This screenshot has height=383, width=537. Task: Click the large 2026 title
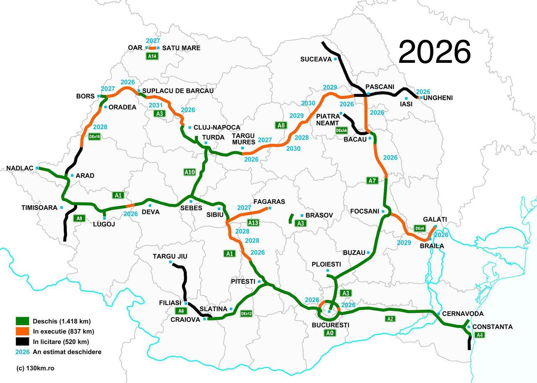pyautogui.click(x=434, y=52)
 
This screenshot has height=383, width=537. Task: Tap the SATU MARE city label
pyautogui.click(x=181, y=48)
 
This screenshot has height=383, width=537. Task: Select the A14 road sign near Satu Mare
pyautogui.click(x=152, y=56)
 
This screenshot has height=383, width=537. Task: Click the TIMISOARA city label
pyautogui.click(x=39, y=207)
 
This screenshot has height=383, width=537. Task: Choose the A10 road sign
pyautogui.click(x=190, y=172)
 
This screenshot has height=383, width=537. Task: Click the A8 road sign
pyautogui.click(x=281, y=125)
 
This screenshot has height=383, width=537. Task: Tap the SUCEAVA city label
pyautogui.click(x=315, y=59)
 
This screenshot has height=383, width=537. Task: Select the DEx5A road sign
pyautogui.click(x=341, y=130)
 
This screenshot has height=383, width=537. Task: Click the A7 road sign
pyautogui.click(x=372, y=181)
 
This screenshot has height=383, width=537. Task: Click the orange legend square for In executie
pyautogui.click(x=22, y=331)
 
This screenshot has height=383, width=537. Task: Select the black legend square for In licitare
pyautogui.click(x=22, y=341)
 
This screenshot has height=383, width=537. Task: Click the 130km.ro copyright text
pyautogui.click(x=35, y=368)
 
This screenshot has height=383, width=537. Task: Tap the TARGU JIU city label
pyautogui.click(x=170, y=256)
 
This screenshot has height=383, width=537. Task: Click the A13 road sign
pyautogui.click(x=253, y=223)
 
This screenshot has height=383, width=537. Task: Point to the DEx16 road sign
pyautogui.click(x=94, y=136)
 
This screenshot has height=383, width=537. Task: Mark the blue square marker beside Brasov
pyautogui.click(x=302, y=215)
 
